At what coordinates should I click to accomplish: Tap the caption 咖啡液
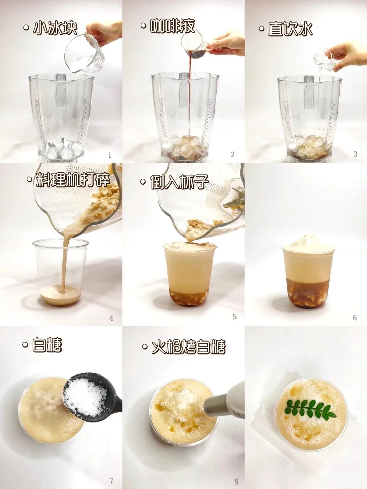(172, 26)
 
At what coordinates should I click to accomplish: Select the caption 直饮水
(290, 29)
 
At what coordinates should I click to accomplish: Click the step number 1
(109, 155)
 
